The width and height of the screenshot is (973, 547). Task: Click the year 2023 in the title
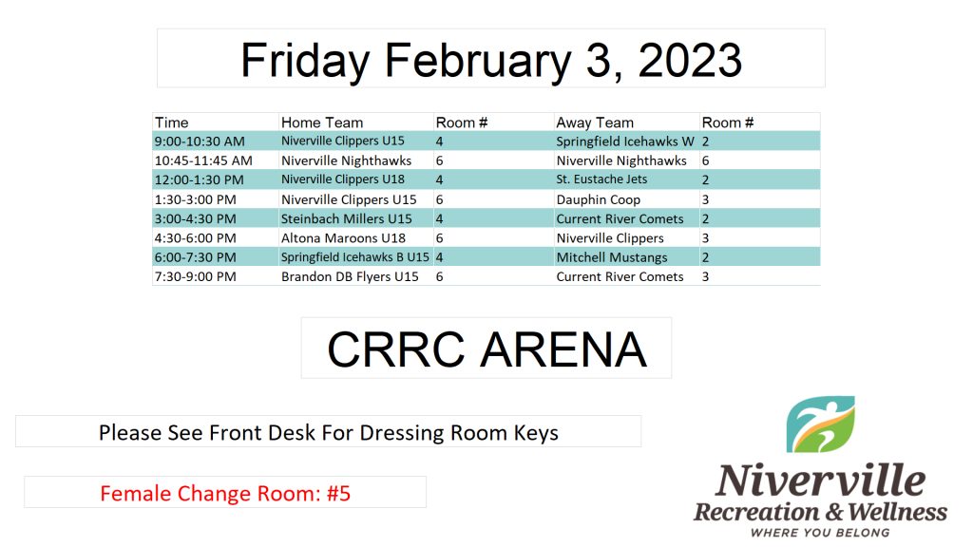(690, 60)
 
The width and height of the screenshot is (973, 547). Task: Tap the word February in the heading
(478, 62)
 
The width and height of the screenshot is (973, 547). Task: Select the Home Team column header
(322, 123)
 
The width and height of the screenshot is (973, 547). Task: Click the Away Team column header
(595, 123)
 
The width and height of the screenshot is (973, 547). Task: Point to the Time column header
(172, 123)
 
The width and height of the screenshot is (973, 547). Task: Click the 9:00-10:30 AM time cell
(200, 141)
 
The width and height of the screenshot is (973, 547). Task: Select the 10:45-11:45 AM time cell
(203, 160)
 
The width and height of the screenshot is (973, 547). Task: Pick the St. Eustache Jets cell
(601, 179)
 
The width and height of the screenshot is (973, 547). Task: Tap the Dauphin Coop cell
(599, 199)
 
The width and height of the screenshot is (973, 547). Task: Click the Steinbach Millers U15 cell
(346, 219)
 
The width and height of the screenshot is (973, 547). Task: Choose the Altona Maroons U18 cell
(343, 238)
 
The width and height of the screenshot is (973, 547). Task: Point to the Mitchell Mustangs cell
(612, 257)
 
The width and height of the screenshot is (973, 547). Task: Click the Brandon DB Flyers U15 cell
(350, 276)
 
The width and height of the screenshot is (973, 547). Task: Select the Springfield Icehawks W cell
(625, 141)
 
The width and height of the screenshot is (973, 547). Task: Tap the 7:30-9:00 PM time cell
(196, 276)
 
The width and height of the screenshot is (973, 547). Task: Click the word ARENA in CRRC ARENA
(563, 349)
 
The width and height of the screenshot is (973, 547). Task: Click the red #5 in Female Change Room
(339, 494)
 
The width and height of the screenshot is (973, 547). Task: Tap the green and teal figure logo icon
(820, 424)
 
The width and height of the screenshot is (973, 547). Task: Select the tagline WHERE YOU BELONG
(820, 533)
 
